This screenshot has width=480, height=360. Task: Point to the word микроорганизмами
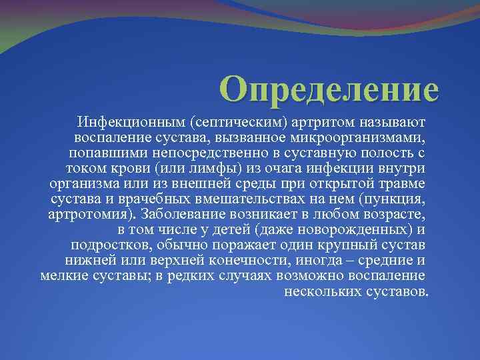pos(361,138)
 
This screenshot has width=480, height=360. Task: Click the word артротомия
pos(89,214)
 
